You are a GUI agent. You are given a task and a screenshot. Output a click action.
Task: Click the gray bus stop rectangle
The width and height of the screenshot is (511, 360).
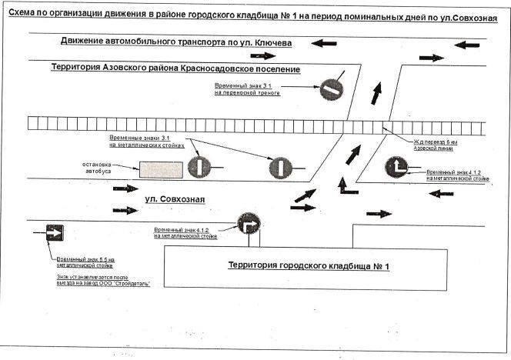coord(161,168)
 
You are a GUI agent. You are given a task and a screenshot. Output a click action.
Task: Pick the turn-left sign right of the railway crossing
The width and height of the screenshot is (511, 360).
coord(398,167)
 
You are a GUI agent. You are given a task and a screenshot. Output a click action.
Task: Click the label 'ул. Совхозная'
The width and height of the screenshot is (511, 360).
coord(175,200)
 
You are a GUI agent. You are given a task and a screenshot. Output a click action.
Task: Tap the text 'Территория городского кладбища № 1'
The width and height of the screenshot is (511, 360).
coord(309,266)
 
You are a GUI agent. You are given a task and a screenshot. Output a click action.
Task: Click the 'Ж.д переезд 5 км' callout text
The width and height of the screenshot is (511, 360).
coord(436,142)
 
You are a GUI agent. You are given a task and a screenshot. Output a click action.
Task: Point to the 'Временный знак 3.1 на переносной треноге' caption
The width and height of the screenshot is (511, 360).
coord(246,89)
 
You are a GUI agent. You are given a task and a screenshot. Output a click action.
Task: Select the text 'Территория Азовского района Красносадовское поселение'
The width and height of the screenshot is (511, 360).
coord(175,68)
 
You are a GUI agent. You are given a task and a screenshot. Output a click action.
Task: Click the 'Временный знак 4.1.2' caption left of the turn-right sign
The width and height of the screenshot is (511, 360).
coord(183,232)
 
